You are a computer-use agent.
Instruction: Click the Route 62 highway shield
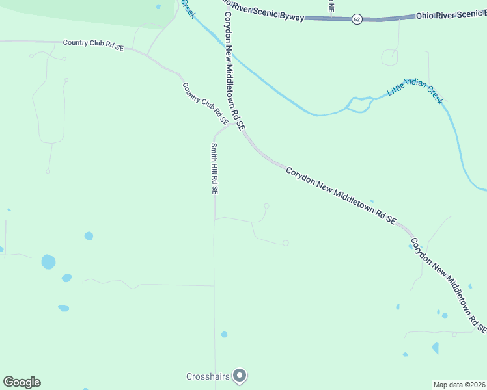click(357, 19)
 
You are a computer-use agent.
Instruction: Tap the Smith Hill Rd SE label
click(214, 169)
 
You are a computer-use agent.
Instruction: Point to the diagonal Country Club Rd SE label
click(204, 103)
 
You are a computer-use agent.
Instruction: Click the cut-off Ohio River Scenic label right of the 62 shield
click(451, 15)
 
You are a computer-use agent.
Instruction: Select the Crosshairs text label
click(208, 376)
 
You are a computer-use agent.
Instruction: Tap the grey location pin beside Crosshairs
click(240, 376)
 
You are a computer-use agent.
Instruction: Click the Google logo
click(21, 382)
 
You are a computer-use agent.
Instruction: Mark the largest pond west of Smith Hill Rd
click(48, 262)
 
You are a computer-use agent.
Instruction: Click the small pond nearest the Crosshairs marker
click(224, 335)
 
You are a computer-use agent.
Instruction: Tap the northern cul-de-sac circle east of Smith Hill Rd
click(266, 207)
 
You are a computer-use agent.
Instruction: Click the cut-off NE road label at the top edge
click(331, 6)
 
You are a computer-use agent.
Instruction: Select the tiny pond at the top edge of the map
click(158, 7)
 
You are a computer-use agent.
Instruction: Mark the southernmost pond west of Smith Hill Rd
click(63, 308)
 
